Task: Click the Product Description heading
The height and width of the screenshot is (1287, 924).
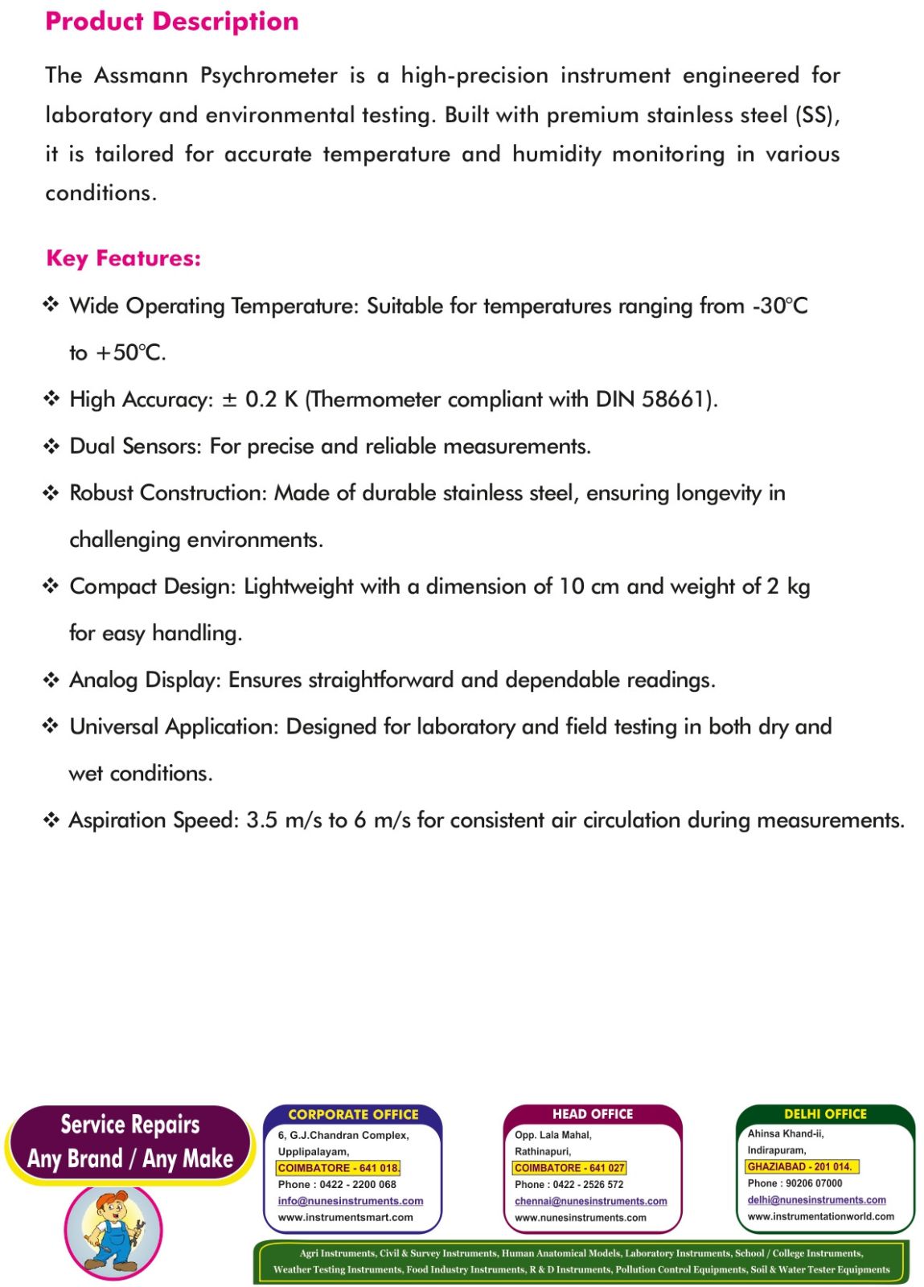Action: pos(171,22)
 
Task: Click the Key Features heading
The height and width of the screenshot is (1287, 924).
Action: pos(123,258)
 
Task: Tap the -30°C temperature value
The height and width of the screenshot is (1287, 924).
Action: pos(779,306)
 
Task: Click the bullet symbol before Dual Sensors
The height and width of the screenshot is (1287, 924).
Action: pos(51,446)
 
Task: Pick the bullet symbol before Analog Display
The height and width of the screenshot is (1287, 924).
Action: pos(51,680)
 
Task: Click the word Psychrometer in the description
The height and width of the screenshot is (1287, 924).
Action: pos(269,76)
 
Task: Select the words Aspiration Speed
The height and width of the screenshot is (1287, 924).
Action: pos(154,820)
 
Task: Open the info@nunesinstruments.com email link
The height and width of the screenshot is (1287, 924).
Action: pos(350,1201)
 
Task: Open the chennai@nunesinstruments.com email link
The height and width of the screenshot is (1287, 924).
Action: pos(590,1201)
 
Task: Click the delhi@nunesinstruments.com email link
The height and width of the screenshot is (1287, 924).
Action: pos(816,1199)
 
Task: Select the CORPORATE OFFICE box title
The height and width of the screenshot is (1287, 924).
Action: pos(353,1114)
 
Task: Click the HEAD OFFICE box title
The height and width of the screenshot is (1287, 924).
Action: pos(593,1114)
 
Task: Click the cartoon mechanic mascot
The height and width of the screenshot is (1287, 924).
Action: pos(113,1228)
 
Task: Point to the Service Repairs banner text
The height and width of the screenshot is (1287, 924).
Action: pos(129,1124)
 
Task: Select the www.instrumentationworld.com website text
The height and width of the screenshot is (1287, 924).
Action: pos(820,1216)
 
